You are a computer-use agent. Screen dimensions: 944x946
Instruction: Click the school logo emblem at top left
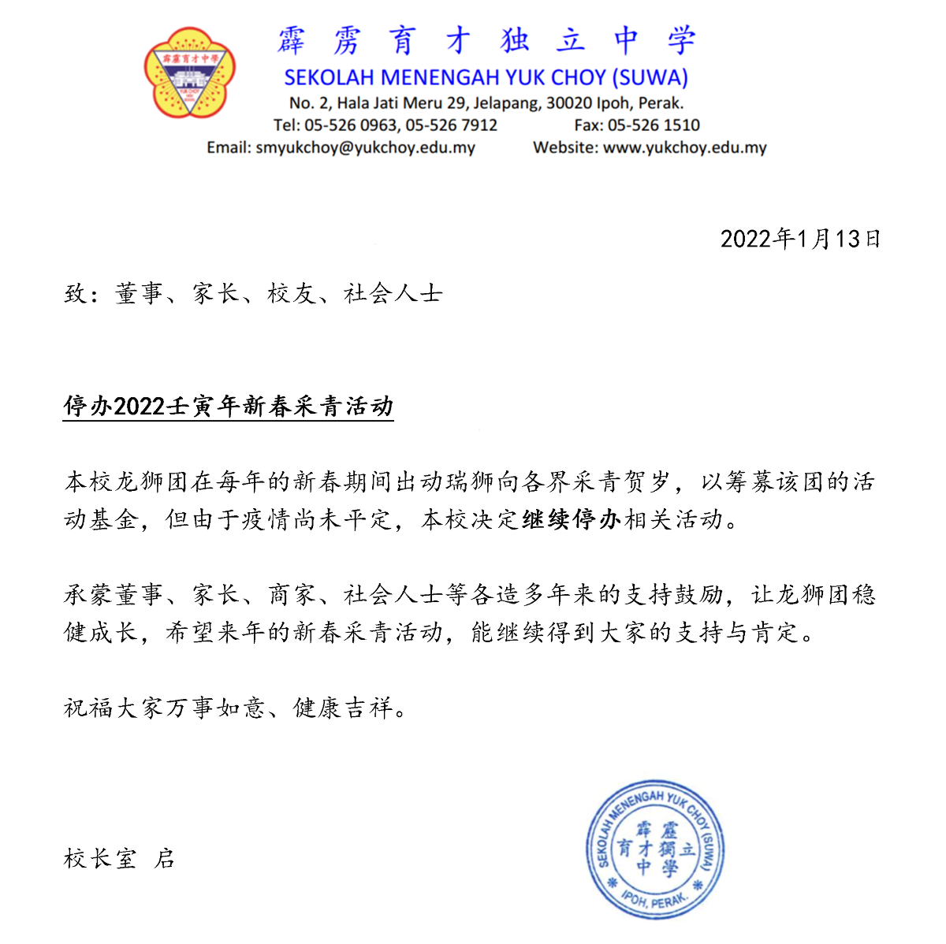[x=190, y=72]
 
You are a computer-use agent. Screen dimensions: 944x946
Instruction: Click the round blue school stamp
[x=654, y=850]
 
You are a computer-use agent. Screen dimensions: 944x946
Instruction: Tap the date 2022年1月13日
[x=800, y=239]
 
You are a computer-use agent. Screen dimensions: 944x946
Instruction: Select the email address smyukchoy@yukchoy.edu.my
[x=365, y=147]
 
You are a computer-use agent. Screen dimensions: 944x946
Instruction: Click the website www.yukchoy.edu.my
[x=684, y=147]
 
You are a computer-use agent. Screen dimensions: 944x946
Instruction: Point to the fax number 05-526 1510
[x=654, y=125]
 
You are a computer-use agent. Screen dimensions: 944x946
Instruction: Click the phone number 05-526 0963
[x=351, y=125]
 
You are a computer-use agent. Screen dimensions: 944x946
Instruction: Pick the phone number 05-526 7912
[x=451, y=125]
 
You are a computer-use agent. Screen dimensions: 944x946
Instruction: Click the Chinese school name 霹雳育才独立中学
[x=486, y=41]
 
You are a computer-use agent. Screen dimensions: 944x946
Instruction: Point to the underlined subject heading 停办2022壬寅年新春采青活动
[x=229, y=407]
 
